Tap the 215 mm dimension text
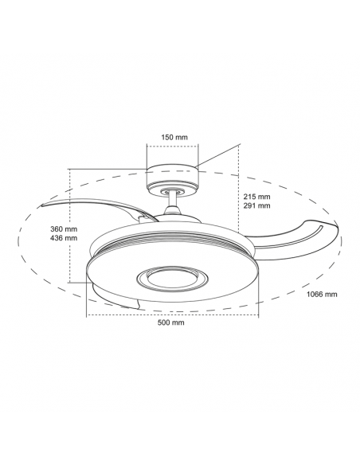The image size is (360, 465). [x=259, y=196]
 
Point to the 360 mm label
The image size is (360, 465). [x=63, y=228]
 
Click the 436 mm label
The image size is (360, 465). [x=63, y=238]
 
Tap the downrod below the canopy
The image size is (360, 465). [x=173, y=202]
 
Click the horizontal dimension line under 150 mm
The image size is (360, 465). [x=173, y=146]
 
